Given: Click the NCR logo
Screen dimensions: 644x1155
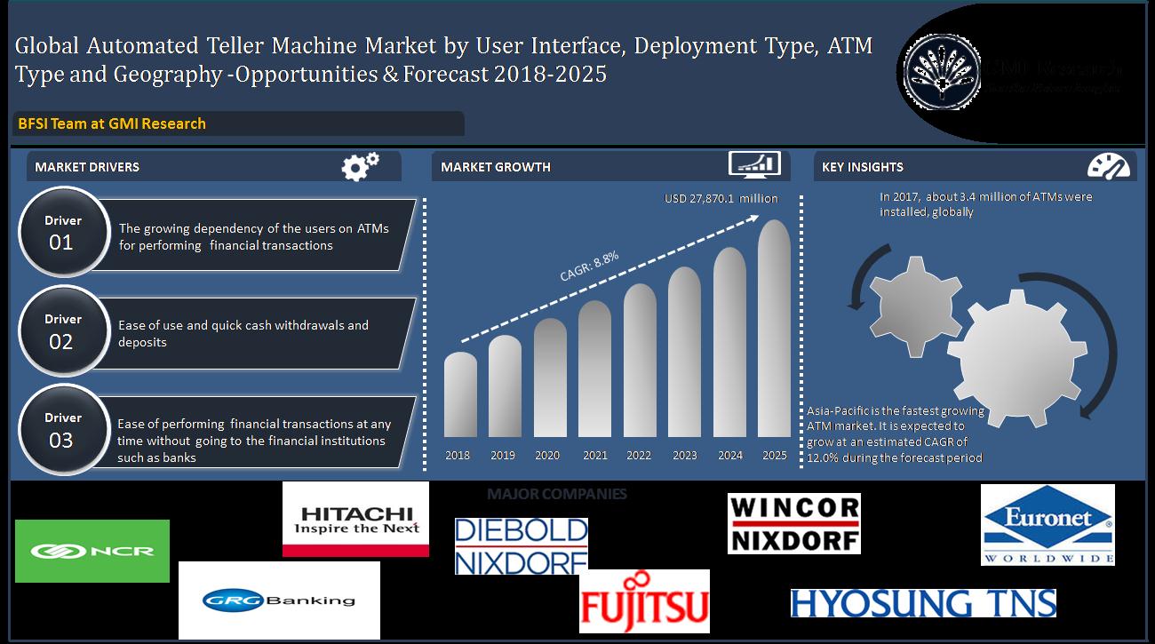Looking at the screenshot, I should (x=92, y=551).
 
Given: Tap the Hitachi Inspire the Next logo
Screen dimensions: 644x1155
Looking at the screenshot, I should (x=355, y=520).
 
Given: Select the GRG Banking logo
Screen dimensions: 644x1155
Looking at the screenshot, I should (x=279, y=600).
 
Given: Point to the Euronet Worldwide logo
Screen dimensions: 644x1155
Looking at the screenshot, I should (x=1047, y=524).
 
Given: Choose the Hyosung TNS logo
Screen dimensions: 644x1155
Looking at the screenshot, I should (x=922, y=603).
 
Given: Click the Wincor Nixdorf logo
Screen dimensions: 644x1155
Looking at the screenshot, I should (x=793, y=523).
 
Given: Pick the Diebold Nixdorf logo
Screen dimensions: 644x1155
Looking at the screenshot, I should (x=521, y=545).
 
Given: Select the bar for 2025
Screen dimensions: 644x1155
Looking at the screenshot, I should (x=774, y=329).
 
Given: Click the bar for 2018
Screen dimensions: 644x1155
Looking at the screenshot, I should (x=459, y=395).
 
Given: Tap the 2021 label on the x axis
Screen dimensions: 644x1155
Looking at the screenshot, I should (x=594, y=456).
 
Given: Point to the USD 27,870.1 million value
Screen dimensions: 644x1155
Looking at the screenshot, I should (x=721, y=199).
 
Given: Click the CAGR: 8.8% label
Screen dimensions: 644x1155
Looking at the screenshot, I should (x=589, y=266).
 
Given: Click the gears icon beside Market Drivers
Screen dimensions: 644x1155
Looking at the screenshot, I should (x=361, y=165).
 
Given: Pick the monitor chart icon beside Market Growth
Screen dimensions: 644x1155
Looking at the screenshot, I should (x=754, y=165).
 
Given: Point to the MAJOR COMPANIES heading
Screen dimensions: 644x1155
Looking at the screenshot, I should (x=556, y=494).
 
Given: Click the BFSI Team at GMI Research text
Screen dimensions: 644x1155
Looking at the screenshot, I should (x=112, y=123).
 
